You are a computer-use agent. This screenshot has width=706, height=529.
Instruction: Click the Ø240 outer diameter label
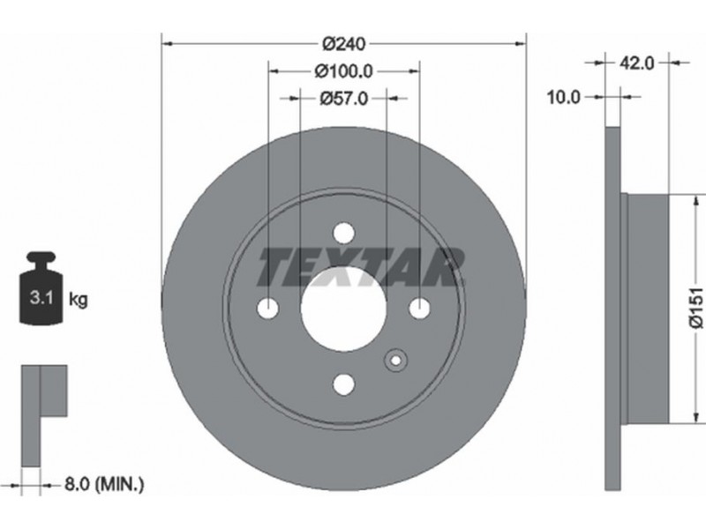[344, 44]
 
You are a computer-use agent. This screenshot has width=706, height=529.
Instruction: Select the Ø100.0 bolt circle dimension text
[344, 71]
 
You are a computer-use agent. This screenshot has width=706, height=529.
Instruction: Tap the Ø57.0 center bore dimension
[344, 98]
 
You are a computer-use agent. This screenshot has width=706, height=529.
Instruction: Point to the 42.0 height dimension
[636, 63]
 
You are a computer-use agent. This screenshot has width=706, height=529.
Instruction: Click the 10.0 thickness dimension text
[563, 97]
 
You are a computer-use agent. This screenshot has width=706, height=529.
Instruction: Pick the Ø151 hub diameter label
[696, 308]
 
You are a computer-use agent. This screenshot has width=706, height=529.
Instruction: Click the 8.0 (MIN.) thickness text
[104, 484]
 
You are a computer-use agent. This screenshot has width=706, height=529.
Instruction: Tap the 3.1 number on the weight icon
[41, 297]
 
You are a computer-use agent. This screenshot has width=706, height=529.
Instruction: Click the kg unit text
[78, 299]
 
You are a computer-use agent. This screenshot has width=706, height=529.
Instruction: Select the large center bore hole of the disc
[343, 309]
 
